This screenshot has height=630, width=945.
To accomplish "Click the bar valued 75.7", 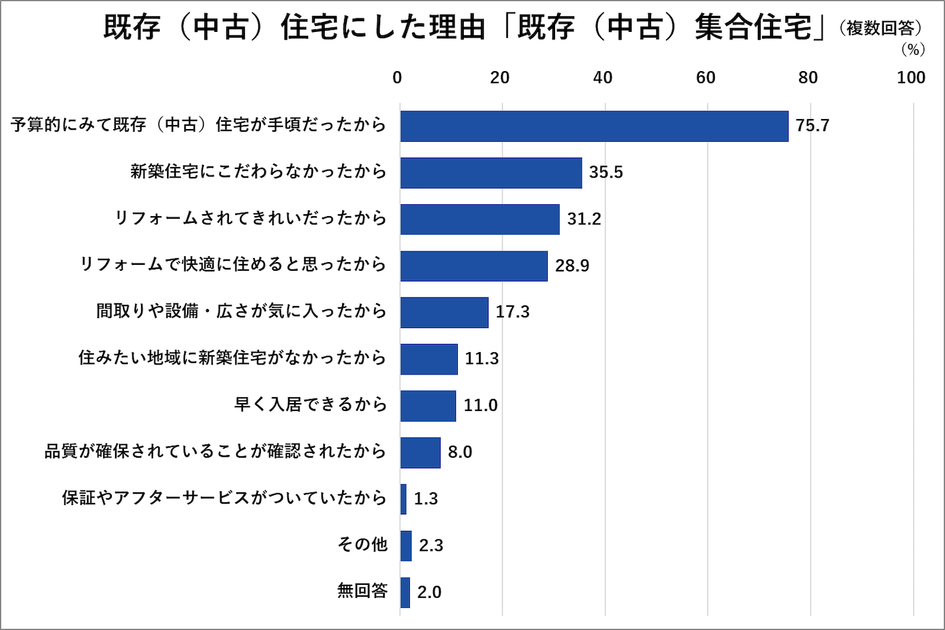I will (594, 126).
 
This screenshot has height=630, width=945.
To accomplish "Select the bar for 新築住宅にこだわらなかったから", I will (490, 172).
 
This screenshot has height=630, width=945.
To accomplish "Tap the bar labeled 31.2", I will (479, 219).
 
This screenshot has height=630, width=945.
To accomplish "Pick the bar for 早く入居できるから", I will (428, 405).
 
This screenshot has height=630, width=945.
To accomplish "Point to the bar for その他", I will (406, 546).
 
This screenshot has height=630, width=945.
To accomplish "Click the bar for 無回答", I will (405, 592).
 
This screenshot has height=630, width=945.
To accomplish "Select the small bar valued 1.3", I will (403, 499).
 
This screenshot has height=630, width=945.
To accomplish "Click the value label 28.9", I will (572, 266).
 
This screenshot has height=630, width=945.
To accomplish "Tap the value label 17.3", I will (512, 312).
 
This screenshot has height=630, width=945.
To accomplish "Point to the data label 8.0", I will (460, 452).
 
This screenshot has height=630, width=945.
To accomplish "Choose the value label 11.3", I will (481, 359).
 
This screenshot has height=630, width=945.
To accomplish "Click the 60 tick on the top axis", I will (705, 78).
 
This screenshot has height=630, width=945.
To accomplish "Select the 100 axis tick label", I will (910, 78).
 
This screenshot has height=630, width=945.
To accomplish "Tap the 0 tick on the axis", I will (397, 78).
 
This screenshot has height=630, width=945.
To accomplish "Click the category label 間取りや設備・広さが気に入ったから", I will (241, 311).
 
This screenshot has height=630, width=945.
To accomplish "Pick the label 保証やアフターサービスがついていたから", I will (224, 498).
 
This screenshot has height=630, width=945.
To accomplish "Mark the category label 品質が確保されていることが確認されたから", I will (215, 451).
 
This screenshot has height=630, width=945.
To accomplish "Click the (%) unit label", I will (912, 50).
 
